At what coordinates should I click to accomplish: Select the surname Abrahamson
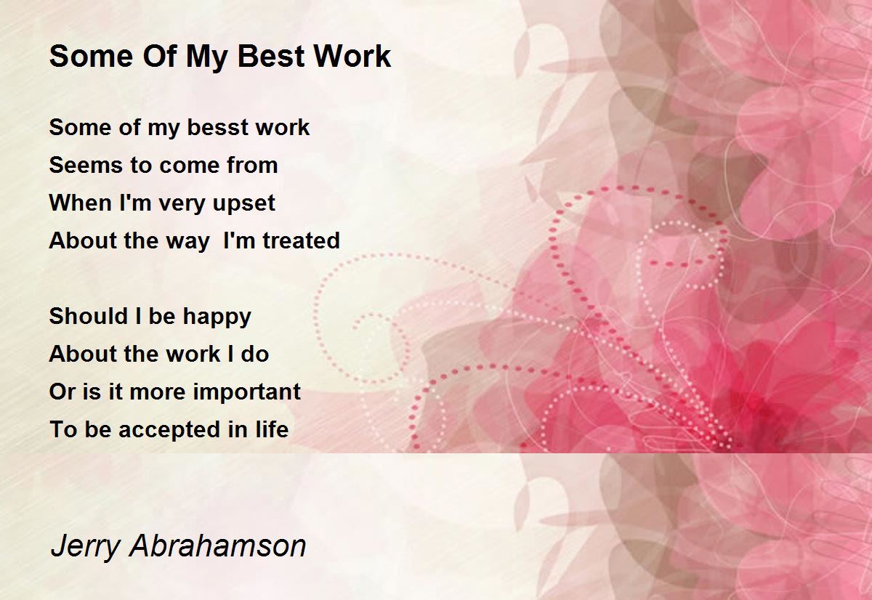tap(218, 546)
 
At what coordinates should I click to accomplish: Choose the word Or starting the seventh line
tap(60, 392)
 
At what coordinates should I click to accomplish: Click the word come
tap(185, 166)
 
